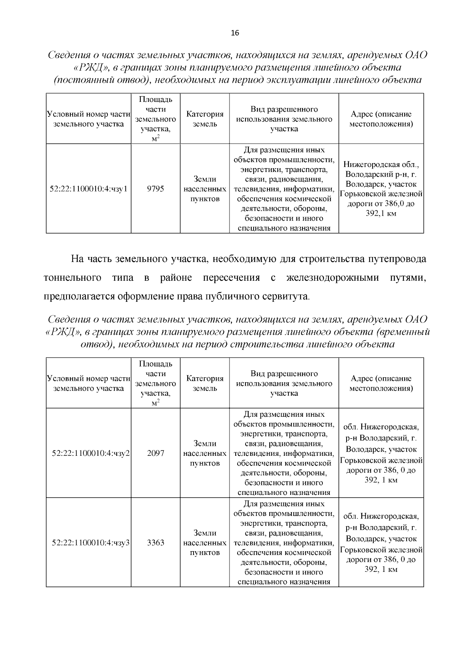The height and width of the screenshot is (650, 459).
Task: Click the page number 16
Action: (235, 33)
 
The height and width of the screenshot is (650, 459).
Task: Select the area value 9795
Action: (155, 189)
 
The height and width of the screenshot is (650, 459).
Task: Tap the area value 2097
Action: (155, 453)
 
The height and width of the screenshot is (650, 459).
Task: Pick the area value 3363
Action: (155, 543)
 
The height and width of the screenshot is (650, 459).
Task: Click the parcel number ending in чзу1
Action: (88, 189)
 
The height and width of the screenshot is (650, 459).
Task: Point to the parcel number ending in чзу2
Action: (91, 453)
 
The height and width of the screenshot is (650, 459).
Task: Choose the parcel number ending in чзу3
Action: (91, 543)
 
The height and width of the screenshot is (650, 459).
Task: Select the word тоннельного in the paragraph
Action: (73, 278)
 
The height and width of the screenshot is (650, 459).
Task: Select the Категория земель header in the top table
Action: (205, 119)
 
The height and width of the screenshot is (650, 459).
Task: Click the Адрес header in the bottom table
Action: (381, 383)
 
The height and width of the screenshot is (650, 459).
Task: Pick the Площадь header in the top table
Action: (155, 100)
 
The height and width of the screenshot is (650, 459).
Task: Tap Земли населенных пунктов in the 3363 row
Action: (205, 543)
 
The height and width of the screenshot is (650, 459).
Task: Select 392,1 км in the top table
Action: (381, 214)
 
